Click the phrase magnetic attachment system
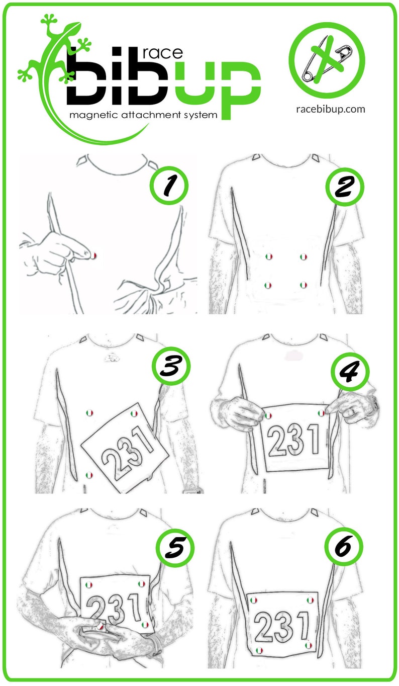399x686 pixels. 144,115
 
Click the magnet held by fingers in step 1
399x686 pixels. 93,256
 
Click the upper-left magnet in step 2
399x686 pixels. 268,256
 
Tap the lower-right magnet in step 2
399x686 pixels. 303,285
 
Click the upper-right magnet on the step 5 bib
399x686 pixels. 142,584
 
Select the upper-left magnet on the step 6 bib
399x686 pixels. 254,600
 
